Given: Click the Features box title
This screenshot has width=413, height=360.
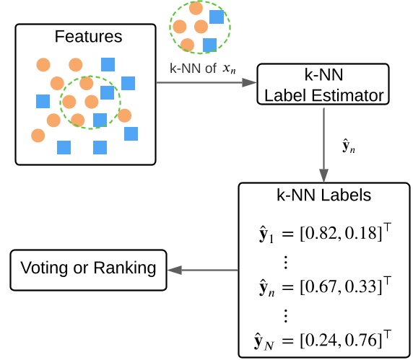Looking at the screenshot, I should [89, 36].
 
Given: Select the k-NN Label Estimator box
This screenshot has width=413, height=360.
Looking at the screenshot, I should [322, 85].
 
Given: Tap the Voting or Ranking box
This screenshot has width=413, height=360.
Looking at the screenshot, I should [88, 269].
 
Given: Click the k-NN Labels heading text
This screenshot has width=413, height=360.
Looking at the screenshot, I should [324, 195].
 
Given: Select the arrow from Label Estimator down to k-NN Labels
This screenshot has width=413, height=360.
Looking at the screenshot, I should [323, 144].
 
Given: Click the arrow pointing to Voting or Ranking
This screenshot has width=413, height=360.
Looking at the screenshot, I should [202, 271].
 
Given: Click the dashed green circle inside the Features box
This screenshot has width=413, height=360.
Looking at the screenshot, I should [90, 102].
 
